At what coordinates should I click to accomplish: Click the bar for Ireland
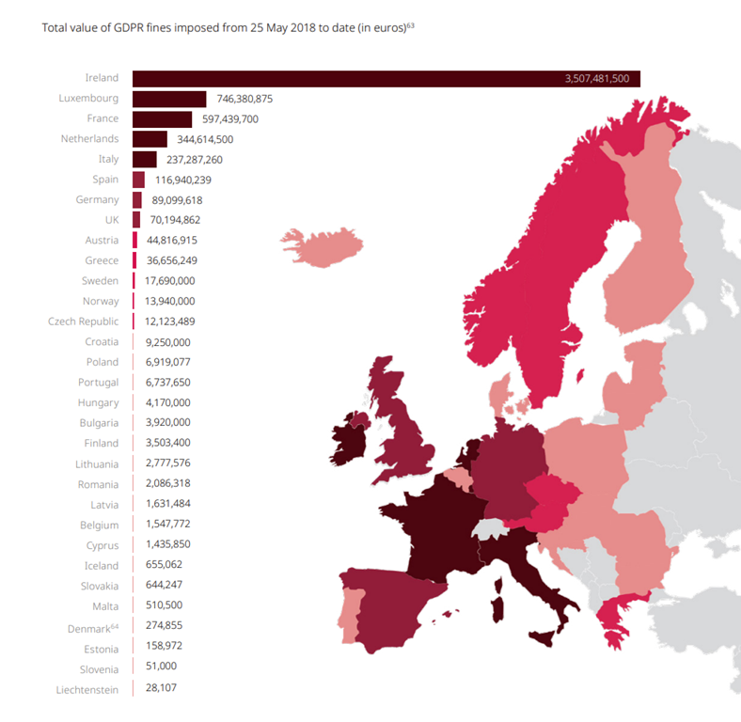[386, 79]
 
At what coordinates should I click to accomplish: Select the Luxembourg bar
[169, 100]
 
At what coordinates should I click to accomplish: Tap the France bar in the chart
[162, 119]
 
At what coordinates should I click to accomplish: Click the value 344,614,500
[205, 139]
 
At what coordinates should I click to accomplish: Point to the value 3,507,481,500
[597, 78]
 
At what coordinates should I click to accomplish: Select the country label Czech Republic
[83, 322]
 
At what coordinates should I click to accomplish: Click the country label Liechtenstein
[87, 690]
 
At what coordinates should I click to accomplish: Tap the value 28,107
[161, 687]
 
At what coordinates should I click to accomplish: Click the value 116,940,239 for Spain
[183, 180]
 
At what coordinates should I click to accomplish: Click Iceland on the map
[323, 246]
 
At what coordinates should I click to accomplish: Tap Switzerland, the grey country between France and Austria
[490, 528]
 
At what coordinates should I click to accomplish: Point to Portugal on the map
[350, 614]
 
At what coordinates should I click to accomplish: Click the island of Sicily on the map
[543, 638]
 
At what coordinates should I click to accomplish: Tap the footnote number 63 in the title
[411, 25]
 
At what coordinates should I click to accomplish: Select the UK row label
[112, 220]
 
